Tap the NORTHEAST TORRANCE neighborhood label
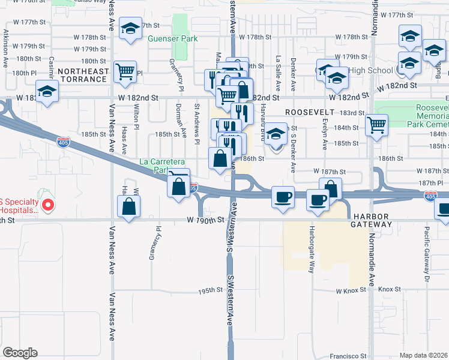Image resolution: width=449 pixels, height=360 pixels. [x=84, y=75]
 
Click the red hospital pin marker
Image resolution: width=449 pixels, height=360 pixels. [x=49, y=205]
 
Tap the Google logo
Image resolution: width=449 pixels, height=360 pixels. [x=19, y=353]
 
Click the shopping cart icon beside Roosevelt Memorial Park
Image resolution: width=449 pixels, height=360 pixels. [x=376, y=125]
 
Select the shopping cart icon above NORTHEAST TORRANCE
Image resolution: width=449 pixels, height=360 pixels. [x=125, y=72]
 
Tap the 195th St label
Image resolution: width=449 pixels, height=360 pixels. [x=211, y=290]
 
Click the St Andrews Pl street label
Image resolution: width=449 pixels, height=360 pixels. [x=197, y=123]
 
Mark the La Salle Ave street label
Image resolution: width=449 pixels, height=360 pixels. [x=278, y=71]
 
